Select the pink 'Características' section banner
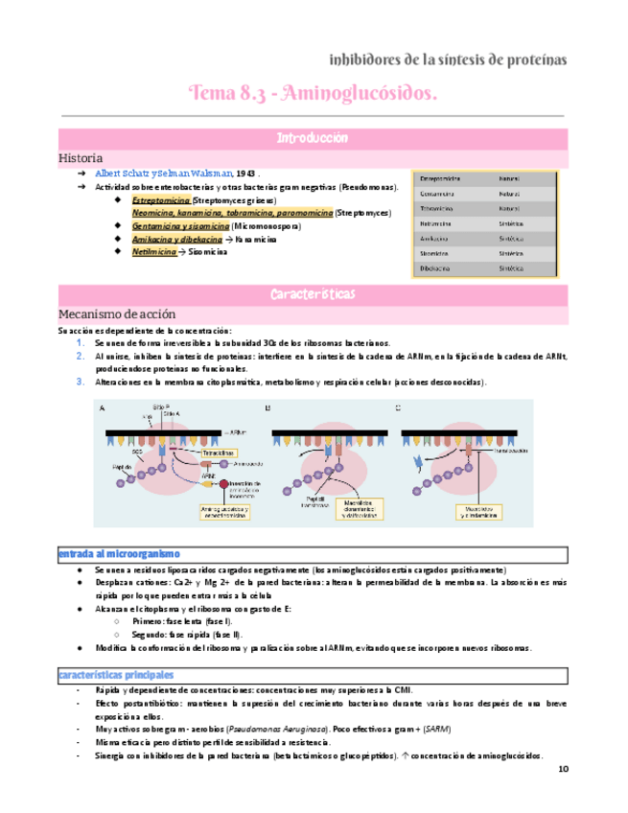[314, 291]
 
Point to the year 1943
[245, 173]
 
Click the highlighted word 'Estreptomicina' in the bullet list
[161, 200]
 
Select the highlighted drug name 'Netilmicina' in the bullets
[154, 251]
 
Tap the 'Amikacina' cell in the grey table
[437, 239]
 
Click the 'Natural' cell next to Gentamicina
[509, 193]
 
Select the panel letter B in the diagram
[267, 408]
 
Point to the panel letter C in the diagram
[398, 408]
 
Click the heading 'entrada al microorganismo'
[118, 554]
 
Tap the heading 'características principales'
[121, 675]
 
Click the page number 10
[563, 770]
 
